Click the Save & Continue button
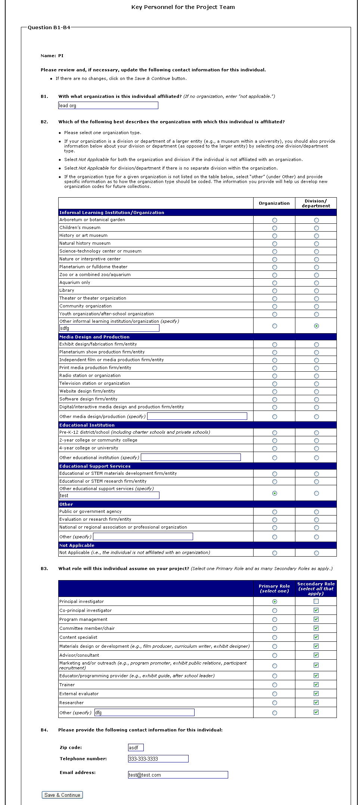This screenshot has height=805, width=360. pos(62,795)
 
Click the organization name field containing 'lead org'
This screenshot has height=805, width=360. pos(108,106)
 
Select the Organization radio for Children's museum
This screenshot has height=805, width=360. pos(274,228)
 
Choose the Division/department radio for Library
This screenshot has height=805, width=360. pos(316,291)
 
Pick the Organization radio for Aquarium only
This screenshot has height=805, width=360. pos(274,283)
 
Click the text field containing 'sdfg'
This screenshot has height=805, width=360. pos(109,328)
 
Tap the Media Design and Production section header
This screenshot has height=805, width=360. pos(94,337)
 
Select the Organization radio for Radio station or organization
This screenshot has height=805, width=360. pos(274,376)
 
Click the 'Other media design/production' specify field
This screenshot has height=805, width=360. pos(197,416)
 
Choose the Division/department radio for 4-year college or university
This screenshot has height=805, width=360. pos(316,448)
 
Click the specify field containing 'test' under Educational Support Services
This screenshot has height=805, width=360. pos(109,496)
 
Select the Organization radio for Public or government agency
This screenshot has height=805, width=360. pos(274,512)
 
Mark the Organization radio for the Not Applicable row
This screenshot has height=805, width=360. pos(274,553)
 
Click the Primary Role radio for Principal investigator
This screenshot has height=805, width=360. pos(274,602)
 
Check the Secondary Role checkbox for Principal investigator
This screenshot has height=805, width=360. pos(316,601)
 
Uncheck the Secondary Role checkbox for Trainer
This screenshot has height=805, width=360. pos(316,685)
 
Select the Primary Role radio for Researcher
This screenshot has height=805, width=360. pos(274,703)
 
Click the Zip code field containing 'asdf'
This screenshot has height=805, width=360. pos(136,748)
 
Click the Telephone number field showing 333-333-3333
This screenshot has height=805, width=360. pos(158,759)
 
